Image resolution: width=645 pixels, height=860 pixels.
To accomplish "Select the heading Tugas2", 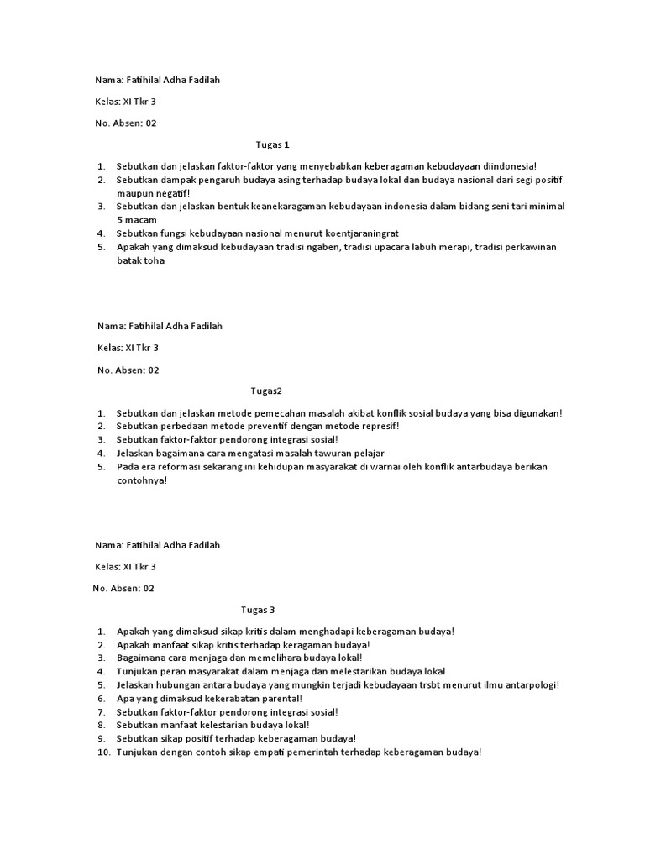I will tap(267, 391).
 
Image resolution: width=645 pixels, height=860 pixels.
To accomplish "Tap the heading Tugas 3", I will tap(258, 610).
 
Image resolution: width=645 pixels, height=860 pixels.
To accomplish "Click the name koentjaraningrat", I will tap(361, 233).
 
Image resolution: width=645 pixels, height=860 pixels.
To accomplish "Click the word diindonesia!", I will tap(506, 166).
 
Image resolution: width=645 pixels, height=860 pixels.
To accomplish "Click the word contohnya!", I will tap(142, 480).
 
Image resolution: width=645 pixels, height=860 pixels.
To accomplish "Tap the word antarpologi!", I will tap(531, 684).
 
